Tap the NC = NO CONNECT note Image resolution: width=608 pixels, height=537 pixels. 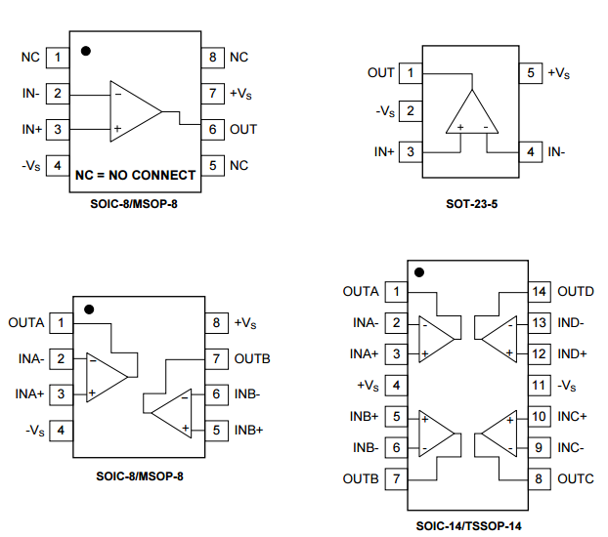135,176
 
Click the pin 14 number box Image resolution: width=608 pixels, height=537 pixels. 539,291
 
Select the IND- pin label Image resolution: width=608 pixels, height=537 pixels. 572,322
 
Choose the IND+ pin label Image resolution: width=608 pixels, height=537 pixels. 573,353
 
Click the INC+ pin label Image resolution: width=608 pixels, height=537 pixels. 573,417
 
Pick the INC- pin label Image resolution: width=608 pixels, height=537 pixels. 571,448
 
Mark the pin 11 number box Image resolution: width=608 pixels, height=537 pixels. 539,386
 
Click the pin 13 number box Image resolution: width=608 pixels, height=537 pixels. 539,322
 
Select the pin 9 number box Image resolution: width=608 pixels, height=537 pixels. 539,448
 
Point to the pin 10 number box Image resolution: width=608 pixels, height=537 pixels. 539,417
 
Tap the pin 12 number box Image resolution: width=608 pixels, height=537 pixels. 539,353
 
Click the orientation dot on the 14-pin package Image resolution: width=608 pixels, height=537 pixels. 420,273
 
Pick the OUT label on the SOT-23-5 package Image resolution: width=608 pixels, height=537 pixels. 381,73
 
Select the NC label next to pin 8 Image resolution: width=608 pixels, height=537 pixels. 239,58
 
